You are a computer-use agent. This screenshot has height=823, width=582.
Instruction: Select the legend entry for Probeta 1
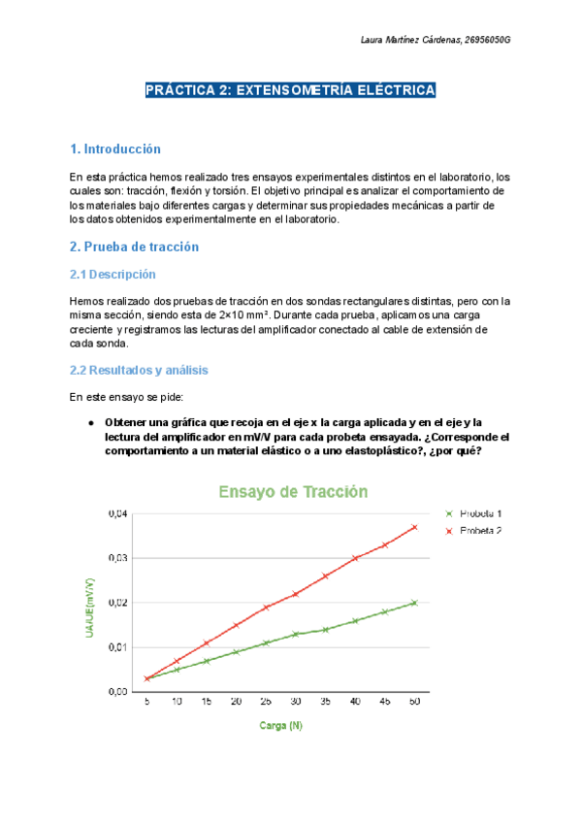[481, 513]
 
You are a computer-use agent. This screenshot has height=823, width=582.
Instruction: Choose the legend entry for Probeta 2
[481, 531]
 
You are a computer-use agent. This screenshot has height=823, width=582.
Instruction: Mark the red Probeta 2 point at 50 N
[415, 527]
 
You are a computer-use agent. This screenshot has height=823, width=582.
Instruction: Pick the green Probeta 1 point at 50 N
[415, 603]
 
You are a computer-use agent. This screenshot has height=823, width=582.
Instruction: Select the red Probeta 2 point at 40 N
[356, 558]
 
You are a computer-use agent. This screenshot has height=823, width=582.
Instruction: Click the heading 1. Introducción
[114, 149]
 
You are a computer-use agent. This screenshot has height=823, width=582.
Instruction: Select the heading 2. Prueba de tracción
[134, 247]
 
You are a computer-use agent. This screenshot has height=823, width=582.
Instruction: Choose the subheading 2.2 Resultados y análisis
[139, 371]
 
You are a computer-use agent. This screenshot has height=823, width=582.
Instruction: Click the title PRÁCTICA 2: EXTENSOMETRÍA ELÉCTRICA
[290, 90]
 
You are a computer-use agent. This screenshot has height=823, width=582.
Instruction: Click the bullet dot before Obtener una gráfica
[90, 423]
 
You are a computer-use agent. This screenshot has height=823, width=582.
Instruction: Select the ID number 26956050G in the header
[488, 39]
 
